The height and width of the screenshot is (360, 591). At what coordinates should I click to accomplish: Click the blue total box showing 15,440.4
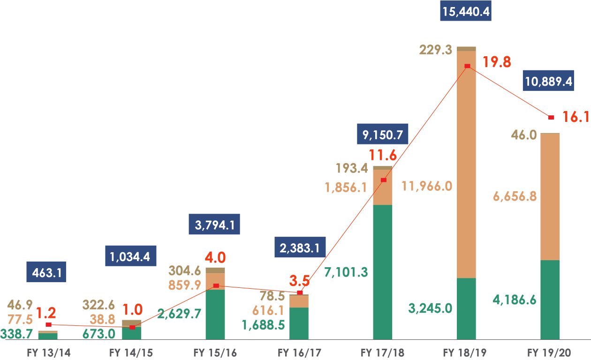point(466,12)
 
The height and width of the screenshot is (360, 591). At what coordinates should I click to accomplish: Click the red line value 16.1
point(576,117)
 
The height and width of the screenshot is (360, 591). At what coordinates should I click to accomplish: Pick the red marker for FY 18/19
point(467,66)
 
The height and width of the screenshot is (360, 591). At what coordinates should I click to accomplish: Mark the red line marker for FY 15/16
point(216,285)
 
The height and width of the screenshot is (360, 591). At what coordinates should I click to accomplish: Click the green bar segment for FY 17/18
point(383,272)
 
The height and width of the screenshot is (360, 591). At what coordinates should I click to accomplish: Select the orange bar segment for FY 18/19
point(466,164)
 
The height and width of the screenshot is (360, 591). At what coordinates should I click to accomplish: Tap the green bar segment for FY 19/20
point(550,300)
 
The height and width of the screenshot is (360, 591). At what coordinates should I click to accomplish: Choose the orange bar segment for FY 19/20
point(550,197)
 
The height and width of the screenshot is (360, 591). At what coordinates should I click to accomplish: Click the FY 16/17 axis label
point(299,352)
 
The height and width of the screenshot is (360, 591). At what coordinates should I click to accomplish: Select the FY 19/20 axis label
point(550,352)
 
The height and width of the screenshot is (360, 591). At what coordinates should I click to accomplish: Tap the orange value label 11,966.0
point(427,186)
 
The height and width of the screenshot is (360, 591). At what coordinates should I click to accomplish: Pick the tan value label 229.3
point(436,50)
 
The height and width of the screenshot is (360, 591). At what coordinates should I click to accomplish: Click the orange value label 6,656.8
point(515,196)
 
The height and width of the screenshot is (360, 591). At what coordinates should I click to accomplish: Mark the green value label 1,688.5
point(263,325)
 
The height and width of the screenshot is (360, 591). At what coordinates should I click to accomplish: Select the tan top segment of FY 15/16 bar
point(215,270)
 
